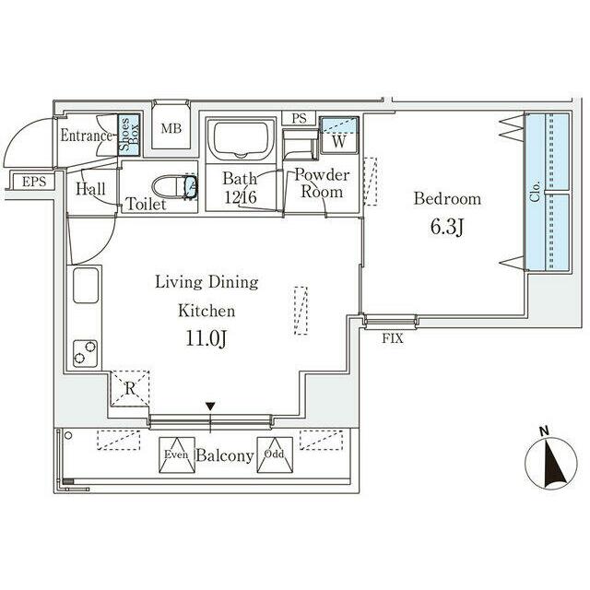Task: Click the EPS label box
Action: click(34, 182)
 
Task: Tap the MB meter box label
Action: click(171, 128)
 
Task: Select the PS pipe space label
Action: click(299, 118)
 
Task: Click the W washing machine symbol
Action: click(339, 135)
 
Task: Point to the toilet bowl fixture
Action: click(174, 186)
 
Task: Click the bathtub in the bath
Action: click(241, 139)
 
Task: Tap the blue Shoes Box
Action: click(129, 135)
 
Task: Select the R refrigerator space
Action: click(130, 388)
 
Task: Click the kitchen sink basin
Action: click(86, 285)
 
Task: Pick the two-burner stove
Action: click(85, 353)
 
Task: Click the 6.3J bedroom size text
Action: click(447, 227)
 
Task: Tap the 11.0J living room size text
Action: click(206, 338)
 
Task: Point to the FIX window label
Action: click(393, 338)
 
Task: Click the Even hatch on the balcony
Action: click(177, 454)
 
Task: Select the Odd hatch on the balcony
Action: click(275, 454)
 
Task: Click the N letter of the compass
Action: click(544, 431)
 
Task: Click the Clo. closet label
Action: click(535, 191)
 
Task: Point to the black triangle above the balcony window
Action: click(210, 407)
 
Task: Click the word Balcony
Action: click(225, 456)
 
